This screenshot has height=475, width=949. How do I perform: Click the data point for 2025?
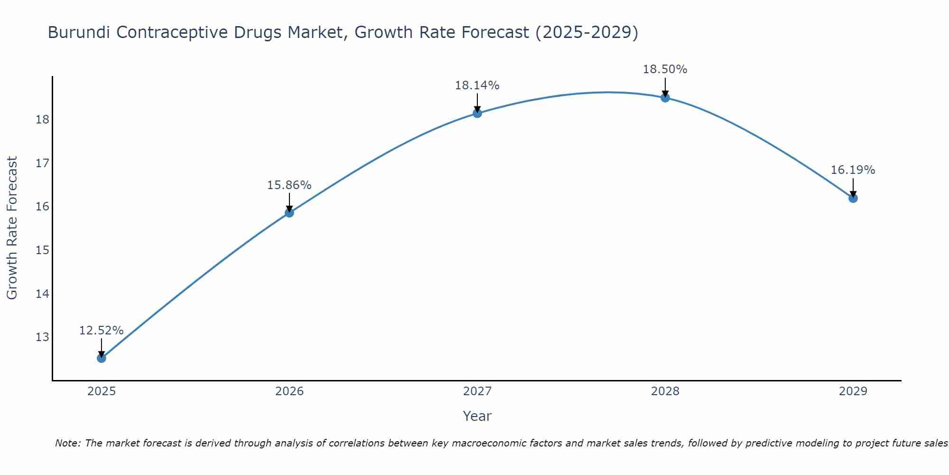tap(102, 358)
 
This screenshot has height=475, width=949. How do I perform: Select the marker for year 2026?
tap(289, 212)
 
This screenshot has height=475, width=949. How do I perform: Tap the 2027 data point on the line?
tap(477, 113)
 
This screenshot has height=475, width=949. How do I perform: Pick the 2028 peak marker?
tap(665, 97)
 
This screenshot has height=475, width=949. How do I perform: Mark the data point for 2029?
tap(853, 198)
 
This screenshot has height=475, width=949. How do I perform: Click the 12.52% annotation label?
tap(102, 331)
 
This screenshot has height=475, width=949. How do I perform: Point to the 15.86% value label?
tap(289, 185)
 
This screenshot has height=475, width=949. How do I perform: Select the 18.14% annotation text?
tap(477, 85)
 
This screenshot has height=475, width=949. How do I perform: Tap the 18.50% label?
tap(665, 69)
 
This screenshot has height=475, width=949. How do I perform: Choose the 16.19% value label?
tap(853, 170)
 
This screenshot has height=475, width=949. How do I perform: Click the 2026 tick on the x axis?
tap(289, 391)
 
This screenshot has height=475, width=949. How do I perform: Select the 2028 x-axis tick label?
tap(665, 391)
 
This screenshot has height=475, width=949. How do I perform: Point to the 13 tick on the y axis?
tap(42, 337)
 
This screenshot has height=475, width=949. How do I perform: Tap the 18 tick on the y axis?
tap(42, 120)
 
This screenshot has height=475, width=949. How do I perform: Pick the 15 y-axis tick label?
tap(42, 250)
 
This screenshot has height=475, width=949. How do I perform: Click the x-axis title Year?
tap(477, 416)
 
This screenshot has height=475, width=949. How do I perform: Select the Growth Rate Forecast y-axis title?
tap(12, 228)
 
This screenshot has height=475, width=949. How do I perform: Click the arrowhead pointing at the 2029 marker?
tap(853, 194)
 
